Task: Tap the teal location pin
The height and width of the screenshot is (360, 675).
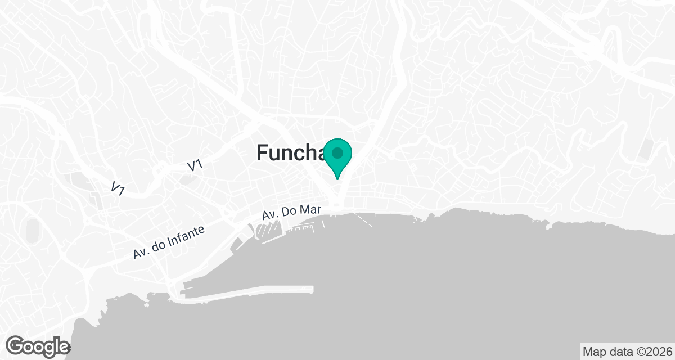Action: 337,157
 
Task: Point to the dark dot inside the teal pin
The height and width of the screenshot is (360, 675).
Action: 337,153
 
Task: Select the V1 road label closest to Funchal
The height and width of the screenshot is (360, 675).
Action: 195,166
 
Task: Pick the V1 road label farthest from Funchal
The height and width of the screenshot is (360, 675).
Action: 118,188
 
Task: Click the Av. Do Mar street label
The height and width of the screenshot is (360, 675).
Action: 291,212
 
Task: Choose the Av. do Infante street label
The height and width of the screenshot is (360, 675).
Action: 169,242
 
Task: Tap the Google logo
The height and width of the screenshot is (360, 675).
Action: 38,345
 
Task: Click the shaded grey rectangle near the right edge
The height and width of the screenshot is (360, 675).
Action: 646,149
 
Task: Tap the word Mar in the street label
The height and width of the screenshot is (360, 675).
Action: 310,210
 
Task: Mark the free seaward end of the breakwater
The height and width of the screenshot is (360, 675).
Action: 311,289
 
